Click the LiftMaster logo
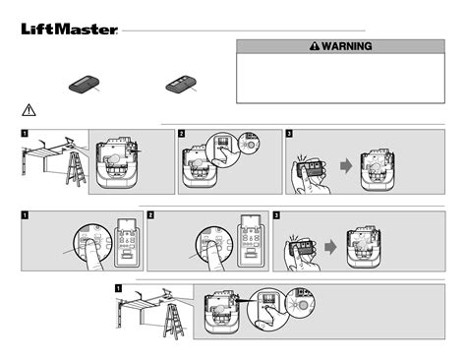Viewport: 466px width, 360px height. click(70, 29)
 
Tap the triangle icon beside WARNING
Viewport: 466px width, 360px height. click(315, 46)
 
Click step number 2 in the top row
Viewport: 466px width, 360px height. click(181, 133)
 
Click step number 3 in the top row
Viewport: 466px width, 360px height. click(289, 133)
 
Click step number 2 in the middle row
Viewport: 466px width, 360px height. click(150, 213)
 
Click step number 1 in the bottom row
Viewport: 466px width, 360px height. click(119, 288)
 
